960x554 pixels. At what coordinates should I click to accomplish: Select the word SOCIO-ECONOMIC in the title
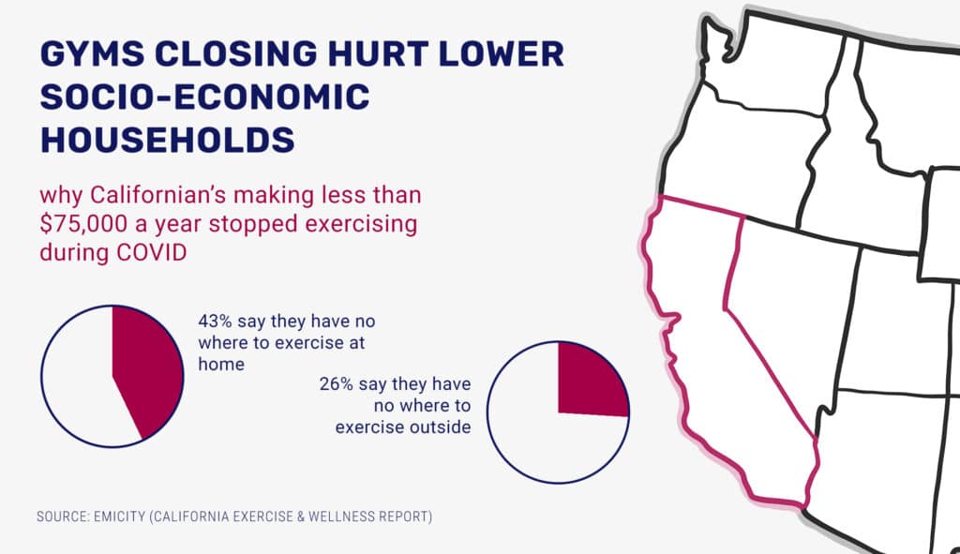click(x=204, y=97)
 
